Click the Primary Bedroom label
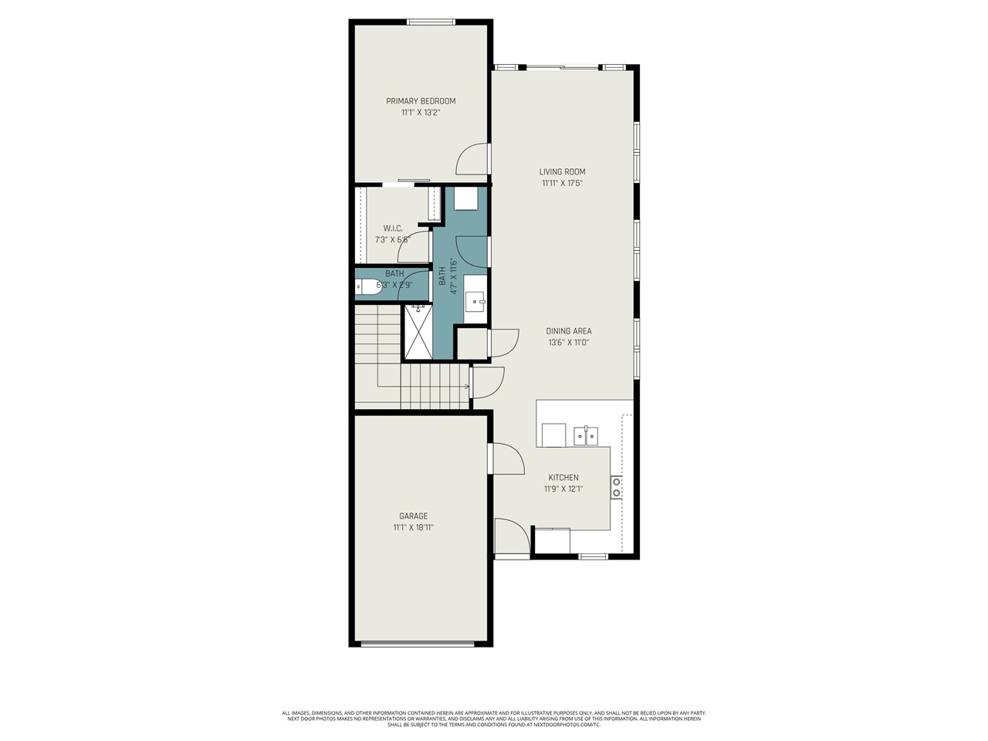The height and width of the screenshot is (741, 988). coord(421,101)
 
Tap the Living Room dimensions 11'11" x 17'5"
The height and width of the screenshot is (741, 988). coord(562,184)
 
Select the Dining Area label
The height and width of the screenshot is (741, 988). coord(569,331)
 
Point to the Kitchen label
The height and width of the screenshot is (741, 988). coord(563,478)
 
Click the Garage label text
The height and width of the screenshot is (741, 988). coord(413,516)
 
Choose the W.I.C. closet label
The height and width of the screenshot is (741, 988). coord(393,228)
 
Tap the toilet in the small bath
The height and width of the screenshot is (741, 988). coord(364,286)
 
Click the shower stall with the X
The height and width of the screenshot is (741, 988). coord(419,332)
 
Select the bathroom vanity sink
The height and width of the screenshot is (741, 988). coord(475,299)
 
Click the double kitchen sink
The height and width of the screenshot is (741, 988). coord(586,435)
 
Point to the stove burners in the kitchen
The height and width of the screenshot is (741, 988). coord(616,487)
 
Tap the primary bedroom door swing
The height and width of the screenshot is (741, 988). coord(472,159)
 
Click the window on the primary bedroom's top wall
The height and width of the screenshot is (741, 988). coord(431,22)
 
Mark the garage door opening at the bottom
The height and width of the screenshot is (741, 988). coord(418,643)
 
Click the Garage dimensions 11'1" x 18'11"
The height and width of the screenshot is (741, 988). coord(418,528)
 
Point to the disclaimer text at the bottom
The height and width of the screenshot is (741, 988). coord(494,719)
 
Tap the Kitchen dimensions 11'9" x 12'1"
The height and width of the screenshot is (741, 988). coord(563,489)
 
